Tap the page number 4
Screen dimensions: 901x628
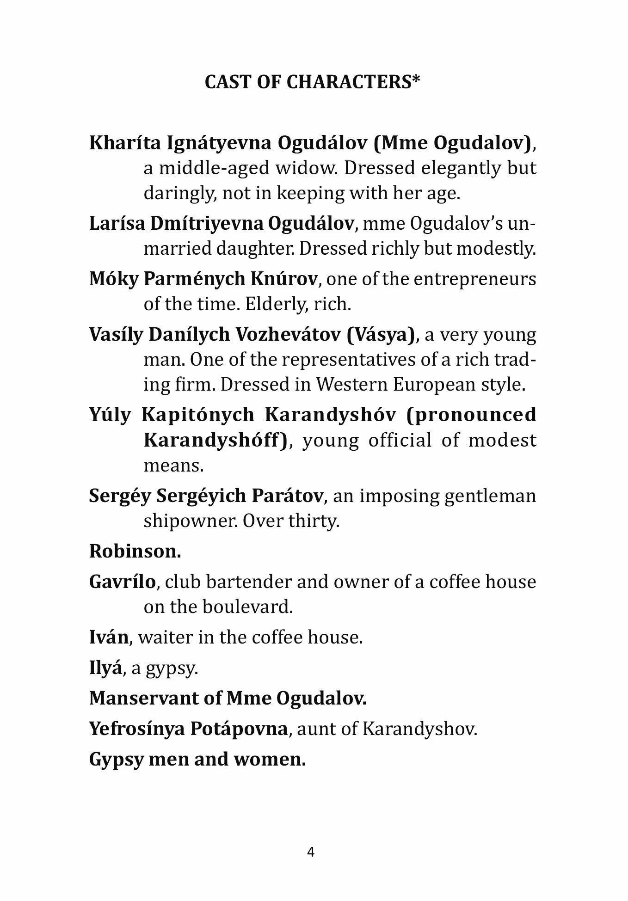311,852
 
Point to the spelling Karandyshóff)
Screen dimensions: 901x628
215,440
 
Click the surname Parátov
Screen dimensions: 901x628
287,496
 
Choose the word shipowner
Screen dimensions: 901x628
190,521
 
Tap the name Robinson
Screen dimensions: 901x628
135,551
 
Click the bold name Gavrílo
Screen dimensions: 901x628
122,582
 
